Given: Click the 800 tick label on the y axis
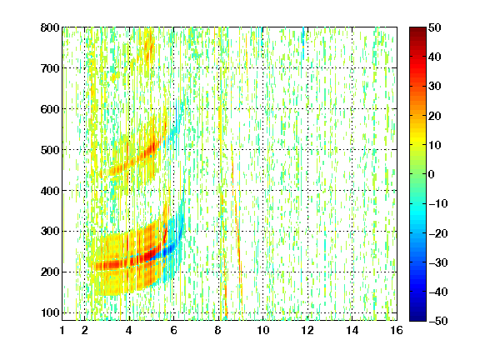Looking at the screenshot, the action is coord(50,27).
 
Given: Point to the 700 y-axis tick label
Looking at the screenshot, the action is coord(50,68).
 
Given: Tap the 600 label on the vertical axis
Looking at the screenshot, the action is coord(50,109).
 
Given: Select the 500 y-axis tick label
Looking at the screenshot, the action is coord(50,150).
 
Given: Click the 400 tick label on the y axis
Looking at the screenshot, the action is coord(50,191).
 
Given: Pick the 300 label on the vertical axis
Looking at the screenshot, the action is coord(50,231).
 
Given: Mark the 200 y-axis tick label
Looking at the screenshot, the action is coord(50,272).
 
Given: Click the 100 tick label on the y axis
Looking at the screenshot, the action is coord(50,312).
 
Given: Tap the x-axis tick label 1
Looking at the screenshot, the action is coord(62,330).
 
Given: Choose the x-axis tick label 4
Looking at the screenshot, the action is coord(129,330).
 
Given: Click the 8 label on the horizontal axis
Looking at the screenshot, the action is coord(218,330).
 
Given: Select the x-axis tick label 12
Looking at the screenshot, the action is coord(307,330).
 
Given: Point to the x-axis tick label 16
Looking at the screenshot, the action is coord(397,330).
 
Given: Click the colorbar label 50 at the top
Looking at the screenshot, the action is coord(435,27).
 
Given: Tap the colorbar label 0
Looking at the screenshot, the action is coord(432,174).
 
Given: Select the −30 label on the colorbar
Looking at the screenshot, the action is coord(438,262).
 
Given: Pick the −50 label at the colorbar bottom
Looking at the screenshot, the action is coord(438,321).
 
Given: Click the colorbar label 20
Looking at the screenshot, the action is coord(435,116).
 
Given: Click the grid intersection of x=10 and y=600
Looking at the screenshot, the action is coord(262,109).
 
